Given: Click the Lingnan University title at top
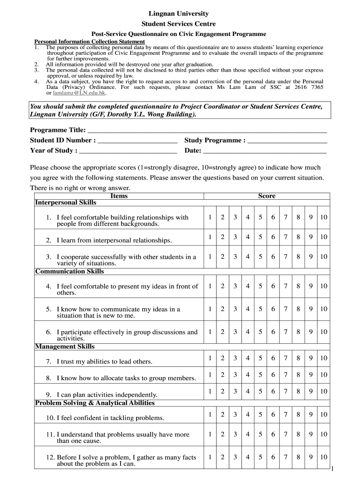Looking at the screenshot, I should [x=179, y=14].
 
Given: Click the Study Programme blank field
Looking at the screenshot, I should [x=287, y=141].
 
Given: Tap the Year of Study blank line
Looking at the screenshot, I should [x=128, y=151].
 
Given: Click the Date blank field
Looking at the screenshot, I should [x=265, y=151].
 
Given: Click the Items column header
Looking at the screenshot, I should [x=119, y=196].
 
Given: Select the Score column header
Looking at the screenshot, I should [x=266, y=196].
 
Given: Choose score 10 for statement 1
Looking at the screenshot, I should [x=324, y=218].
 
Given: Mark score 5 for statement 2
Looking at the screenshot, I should [x=260, y=237].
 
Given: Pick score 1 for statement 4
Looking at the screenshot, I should [x=210, y=286].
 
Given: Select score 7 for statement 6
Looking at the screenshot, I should [x=285, y=332].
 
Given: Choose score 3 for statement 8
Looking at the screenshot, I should [x=235, y=375].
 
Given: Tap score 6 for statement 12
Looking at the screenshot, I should [x=273, y=457].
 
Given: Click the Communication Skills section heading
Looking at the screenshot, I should [x=70, y=271].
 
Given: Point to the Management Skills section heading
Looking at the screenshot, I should [x=65, y=347].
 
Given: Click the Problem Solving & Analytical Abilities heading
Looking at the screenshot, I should [x=95, y=403].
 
